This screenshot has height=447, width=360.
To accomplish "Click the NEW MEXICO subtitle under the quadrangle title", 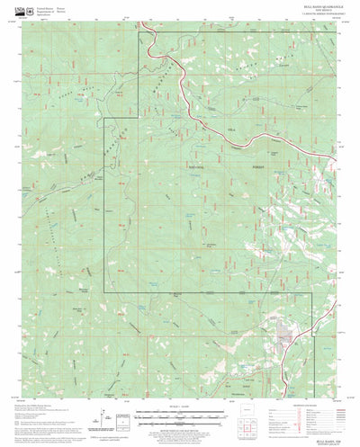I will coord(310,13).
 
